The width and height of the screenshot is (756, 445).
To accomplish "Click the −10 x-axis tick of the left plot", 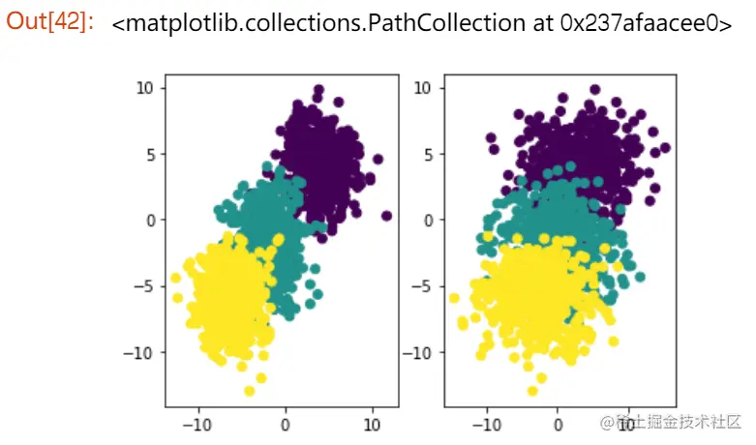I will (197, 423).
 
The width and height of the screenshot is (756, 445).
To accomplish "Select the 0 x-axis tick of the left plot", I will (286, 423).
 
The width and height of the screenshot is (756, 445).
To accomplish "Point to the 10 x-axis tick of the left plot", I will (373, 423).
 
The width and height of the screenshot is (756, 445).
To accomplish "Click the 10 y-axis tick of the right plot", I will (422, 88).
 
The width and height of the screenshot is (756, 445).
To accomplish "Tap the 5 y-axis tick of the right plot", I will (426, 154).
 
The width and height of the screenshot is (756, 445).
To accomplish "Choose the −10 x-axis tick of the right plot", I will (485, 423).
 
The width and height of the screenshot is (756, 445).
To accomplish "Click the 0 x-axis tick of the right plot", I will (558, 423).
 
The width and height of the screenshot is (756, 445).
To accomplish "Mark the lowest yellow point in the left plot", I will (250, 391).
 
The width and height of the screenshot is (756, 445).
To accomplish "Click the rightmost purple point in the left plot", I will (386, 216).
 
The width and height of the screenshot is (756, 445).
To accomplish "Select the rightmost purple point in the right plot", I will (665, 148).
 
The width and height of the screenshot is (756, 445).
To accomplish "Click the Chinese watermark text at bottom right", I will (678, 422).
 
